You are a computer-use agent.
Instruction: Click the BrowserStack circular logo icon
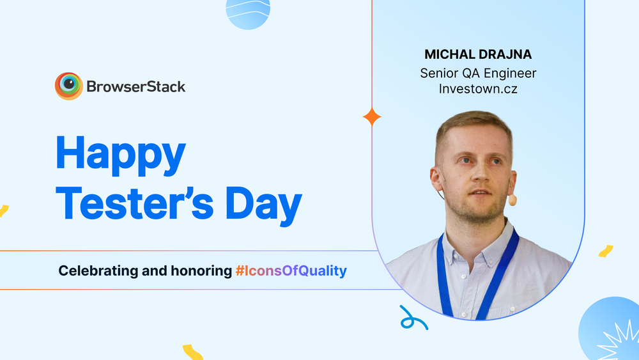(x=68, y=86)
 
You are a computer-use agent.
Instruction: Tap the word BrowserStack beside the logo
(x=136, y=86)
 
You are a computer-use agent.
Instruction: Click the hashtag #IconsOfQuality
(x=291, y=271)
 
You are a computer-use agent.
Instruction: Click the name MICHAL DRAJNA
(x=478, y=54)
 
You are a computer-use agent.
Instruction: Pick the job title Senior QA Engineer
(x=478, y=73)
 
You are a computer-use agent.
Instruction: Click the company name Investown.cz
(x=478, y=89)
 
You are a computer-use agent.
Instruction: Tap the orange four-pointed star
(x=372, y=117)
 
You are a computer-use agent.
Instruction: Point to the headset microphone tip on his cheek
(x=512, y=200)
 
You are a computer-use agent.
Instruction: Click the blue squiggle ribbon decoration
(x=413, y=318)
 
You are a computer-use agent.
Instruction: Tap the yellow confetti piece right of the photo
(x=606, y=251)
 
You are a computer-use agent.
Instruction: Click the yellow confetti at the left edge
(x=3, y=210)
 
